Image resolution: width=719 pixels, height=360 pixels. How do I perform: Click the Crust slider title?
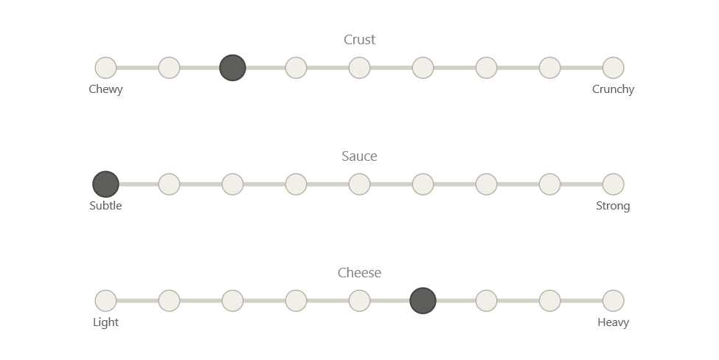coord(360,40)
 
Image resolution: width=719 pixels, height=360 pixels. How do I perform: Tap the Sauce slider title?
coord(360,156)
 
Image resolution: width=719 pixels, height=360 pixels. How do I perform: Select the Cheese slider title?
coord(360,273)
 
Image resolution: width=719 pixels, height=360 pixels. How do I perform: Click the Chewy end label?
coord(105,89)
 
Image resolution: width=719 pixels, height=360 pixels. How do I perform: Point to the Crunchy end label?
coord(614,89)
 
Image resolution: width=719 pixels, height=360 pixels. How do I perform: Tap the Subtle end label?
coord(105,206)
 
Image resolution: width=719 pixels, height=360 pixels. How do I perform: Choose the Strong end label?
coord(614,206)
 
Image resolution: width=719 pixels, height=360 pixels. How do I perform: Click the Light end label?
coord(105,322)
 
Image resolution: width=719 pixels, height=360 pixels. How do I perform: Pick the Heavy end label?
coord(614,322)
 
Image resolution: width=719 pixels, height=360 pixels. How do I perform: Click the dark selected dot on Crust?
coord(232,68)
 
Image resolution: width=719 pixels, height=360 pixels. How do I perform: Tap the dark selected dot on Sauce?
coord(105,184)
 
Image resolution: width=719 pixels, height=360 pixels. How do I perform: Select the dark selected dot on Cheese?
coord(423,301)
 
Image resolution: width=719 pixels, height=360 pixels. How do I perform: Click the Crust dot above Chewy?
coord(105,68)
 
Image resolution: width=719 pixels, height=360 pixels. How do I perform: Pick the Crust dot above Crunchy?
coord(614,68)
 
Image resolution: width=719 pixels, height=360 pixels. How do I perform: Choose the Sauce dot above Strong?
coord(614,184)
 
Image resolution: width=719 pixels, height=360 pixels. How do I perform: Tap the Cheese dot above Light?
coord(105,301)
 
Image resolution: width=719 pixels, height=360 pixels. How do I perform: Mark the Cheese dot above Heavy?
coord(614,301)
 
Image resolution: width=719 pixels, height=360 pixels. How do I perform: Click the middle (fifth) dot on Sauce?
coord(359,184)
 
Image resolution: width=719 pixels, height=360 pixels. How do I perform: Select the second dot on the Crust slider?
coord(169,68)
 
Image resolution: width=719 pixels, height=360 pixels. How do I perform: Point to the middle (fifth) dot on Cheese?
coord(359,301)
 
